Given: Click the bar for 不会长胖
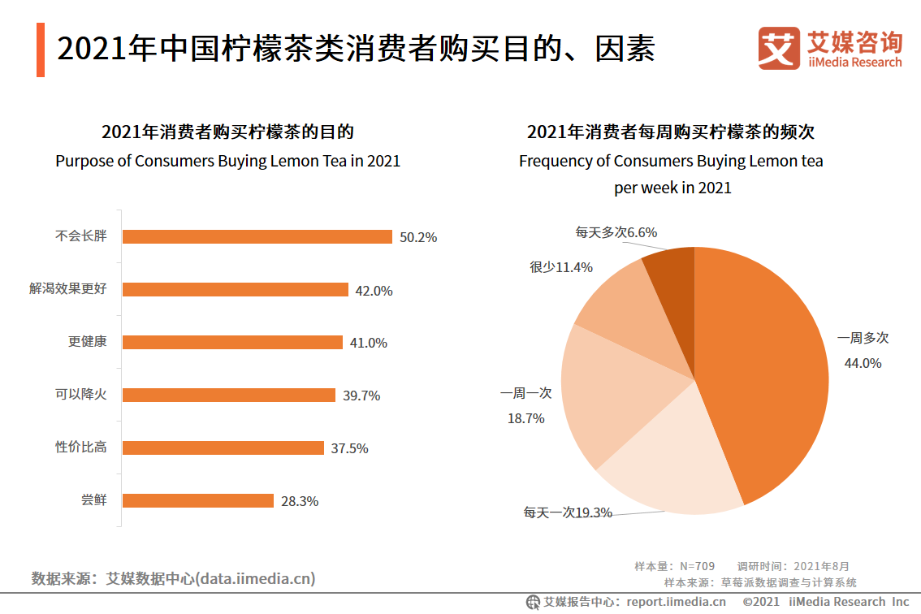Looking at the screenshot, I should pos(257,237).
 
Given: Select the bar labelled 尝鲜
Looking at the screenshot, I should pos(197,501).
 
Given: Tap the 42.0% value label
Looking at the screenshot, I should pos(374,291).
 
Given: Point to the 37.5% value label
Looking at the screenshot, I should pos(349,448).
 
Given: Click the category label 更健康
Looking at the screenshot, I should pos(87,342).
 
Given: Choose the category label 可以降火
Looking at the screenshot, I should pos(80,395).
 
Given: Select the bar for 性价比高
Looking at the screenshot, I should pos(223,448).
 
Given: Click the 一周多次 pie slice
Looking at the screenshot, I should pos(763,365).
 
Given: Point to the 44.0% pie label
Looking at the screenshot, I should pos(863,363).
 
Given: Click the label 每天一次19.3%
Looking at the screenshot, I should pos(568,512).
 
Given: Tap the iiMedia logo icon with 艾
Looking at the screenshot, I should pos(779,49).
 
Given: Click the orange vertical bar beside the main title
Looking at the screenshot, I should pos(41,50).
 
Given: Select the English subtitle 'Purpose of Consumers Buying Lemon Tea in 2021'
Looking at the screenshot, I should pos(227,161).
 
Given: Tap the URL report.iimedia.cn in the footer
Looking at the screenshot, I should pos(676,602).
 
